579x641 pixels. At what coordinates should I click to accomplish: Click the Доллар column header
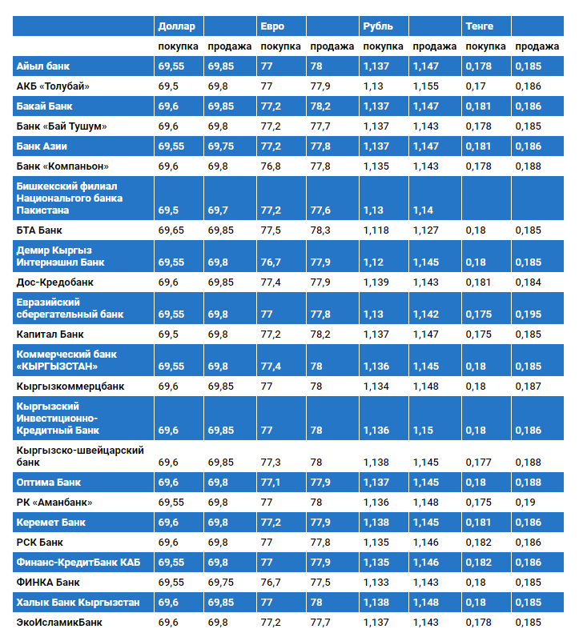[176, 26]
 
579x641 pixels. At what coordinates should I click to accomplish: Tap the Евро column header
[272, 26]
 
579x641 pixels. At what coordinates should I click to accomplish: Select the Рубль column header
[378, 26]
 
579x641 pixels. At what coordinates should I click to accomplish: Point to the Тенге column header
[479, 26]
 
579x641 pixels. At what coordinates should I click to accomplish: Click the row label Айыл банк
[43, 66]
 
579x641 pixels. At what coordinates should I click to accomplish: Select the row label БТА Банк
[39, 230]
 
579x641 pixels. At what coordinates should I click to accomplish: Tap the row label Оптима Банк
[49, 483]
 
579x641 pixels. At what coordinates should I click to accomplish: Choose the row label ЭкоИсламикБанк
[59, 623]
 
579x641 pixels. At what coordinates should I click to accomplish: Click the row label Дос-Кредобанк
[54, 282]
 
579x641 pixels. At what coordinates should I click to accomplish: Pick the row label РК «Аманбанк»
[54, 503]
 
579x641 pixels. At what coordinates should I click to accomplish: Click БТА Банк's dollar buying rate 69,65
[171, 230]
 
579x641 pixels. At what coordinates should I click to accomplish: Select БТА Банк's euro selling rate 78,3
[320, 230]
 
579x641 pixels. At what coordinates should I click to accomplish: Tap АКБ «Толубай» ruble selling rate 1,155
[425, 86]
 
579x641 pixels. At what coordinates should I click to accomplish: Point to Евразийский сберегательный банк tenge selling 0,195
[529, 314]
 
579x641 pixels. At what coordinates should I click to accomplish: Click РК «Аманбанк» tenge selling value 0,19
[525, 503]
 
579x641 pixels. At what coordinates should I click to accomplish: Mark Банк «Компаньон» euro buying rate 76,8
[271, 166]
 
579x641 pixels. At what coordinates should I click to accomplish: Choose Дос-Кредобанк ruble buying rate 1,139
[376, 282]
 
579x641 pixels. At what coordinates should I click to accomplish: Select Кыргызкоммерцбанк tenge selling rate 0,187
[529, 387]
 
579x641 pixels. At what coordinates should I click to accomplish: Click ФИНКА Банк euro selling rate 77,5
[320, 582]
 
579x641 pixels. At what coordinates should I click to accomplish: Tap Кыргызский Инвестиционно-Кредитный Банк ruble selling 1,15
[423, 431]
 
